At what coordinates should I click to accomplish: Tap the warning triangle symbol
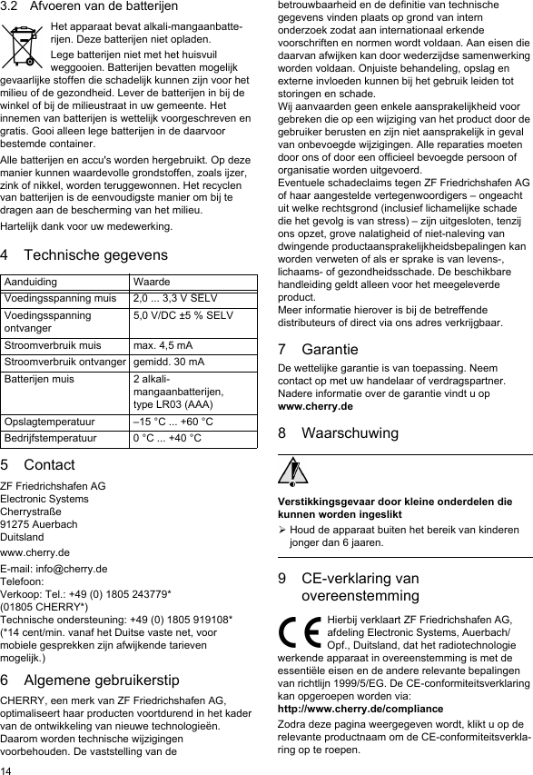[293, 472]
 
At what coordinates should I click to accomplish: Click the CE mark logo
[301, 631]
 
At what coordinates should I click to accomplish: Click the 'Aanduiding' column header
[29, 283]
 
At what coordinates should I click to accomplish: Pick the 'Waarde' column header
[151, 283]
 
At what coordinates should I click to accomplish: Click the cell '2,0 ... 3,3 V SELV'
[174, 297]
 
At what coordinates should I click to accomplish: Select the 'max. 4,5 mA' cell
[163, 345]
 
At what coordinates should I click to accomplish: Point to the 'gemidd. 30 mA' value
[168, 362]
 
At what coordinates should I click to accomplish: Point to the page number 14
[7, 769]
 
